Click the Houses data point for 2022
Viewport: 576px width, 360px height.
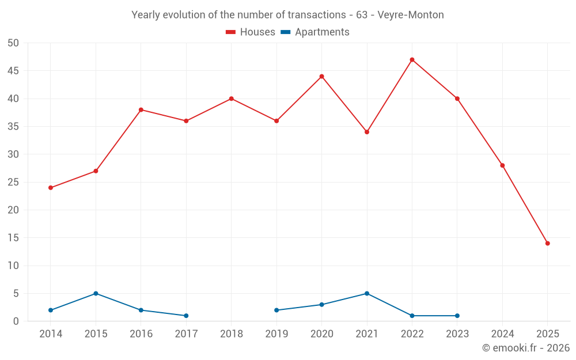pos(412,60)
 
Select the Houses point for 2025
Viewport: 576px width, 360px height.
pos(547,243)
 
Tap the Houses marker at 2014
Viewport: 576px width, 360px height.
pos(51,188)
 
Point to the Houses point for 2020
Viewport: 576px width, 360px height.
pos(321,77)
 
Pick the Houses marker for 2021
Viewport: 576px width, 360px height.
pos(367,132)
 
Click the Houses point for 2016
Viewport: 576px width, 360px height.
pos(141,110)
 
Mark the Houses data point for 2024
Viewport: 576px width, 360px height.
pos(502,165)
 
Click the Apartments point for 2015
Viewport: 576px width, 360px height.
pos(96,293)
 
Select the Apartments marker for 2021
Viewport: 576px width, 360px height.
pos(367,293)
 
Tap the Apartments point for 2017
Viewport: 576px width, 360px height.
pos(186,316)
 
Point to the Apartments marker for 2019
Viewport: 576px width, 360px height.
pos(276,310)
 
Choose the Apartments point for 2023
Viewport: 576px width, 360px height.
pos(457,316)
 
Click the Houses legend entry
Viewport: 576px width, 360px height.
pos(251,32)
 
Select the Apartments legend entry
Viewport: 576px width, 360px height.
pos(315,32)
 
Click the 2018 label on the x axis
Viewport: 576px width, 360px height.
pos(232,334)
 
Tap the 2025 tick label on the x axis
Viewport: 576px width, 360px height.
pos(547,334)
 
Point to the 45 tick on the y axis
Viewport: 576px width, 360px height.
pos(13,71)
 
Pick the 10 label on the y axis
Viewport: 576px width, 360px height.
pos(13,266)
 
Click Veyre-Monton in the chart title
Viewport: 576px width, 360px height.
pos(411,15)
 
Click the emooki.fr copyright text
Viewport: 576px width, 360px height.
pos(526,348)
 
